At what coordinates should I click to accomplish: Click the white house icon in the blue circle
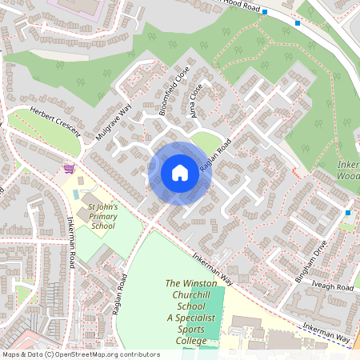point(180,173)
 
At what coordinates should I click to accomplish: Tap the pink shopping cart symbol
point(69,169)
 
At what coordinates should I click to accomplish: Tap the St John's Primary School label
point(102,216)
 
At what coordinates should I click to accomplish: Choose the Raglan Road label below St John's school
point(121,294)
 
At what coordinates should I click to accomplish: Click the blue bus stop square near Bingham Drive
point(347,213)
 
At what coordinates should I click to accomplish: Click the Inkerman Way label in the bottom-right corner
point(327,334)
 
